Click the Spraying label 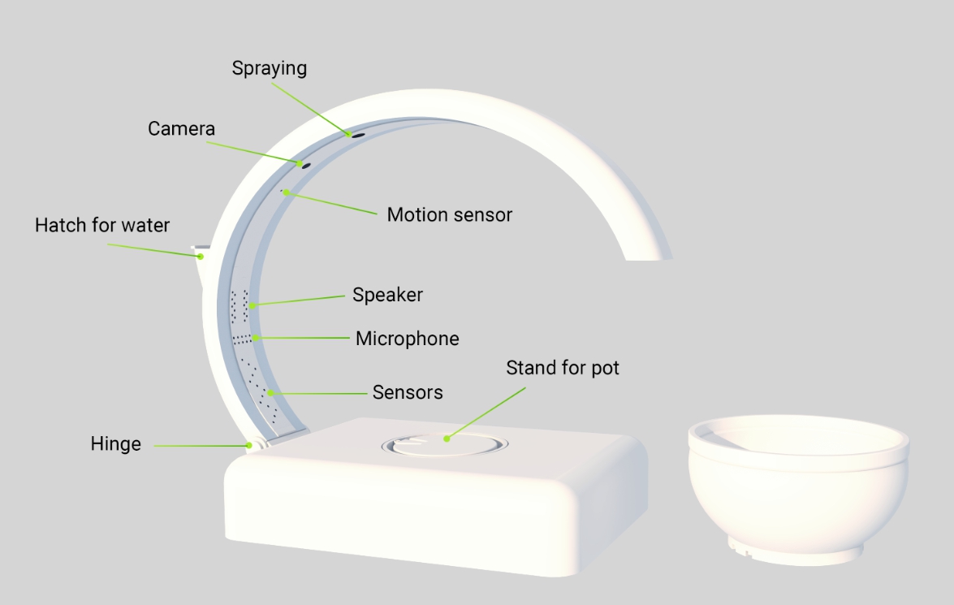[269, 68]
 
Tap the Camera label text [181, 128]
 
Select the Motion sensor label [450, 215]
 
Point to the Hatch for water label [102, 225]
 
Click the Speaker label [387, 296]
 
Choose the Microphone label [407, 339]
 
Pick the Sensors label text [408, 392]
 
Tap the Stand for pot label [563, 368]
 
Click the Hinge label [115, 443]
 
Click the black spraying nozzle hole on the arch [358, 136]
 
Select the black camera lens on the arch [306, 166]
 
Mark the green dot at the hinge [248, 446]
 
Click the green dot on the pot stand [447, 439]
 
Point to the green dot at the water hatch [201, 257]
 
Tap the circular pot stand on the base [445, 445]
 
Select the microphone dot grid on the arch [242, 339]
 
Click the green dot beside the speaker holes [253, 305]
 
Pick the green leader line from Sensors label [319, 394]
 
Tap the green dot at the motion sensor [286, 193]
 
